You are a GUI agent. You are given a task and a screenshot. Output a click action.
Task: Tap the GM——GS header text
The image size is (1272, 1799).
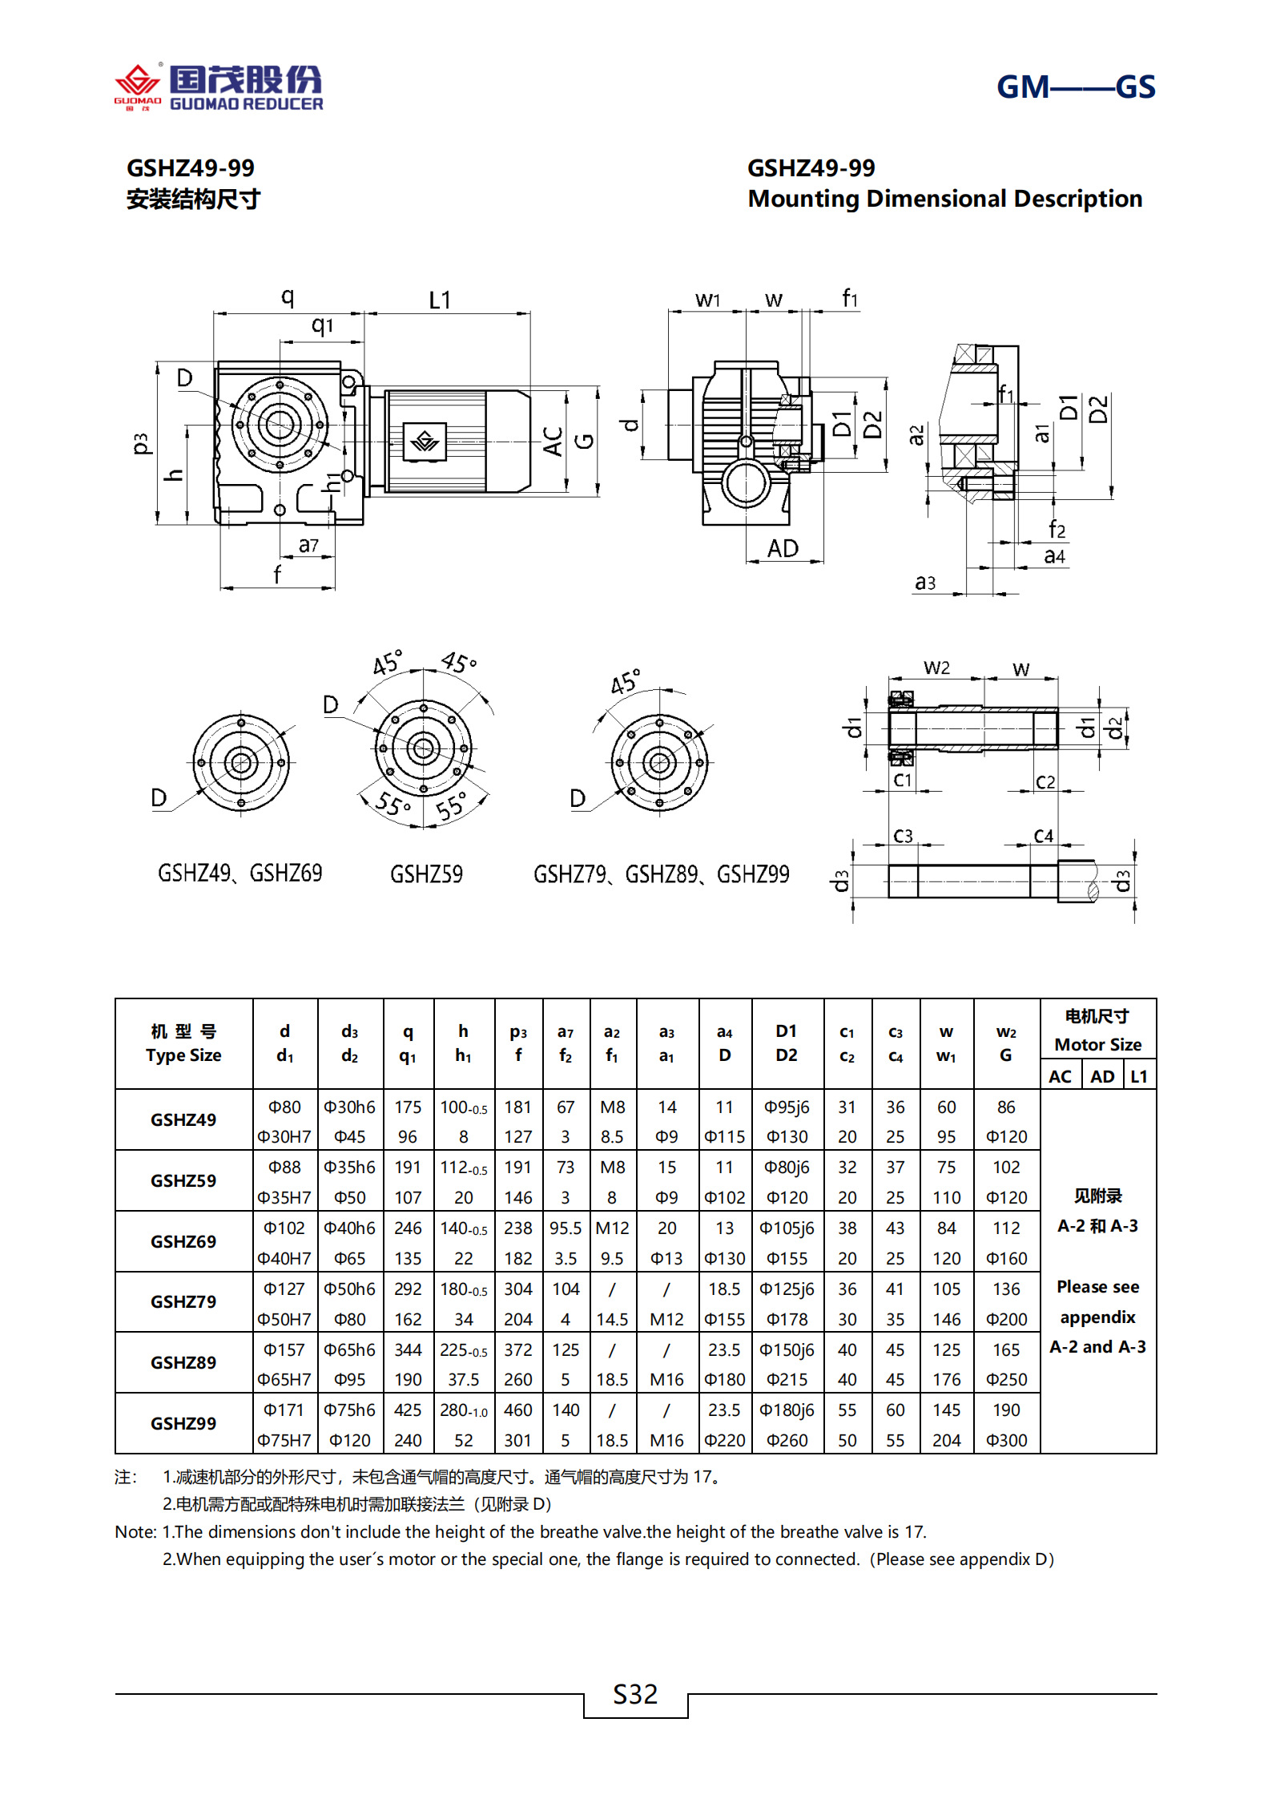(1075, 87)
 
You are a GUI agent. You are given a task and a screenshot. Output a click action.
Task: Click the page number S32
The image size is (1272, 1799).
(635, 1694)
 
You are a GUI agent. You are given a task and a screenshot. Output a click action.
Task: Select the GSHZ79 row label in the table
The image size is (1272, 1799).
(183, 1301)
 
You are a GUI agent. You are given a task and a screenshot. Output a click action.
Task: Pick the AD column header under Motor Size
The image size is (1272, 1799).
(1102, 1076)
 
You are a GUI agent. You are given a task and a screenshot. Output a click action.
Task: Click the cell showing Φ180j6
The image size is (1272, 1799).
(787, 1410)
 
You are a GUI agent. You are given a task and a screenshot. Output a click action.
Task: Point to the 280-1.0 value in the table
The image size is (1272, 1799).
(463, 1410)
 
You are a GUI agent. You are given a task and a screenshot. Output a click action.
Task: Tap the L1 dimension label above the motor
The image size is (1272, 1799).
(440, 301)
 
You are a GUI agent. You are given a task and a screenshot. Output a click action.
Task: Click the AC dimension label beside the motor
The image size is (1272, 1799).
(553, 442)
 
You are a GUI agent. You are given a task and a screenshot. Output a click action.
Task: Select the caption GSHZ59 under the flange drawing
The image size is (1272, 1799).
(426, 874)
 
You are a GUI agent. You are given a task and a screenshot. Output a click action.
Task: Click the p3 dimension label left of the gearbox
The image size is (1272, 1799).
(142, 443)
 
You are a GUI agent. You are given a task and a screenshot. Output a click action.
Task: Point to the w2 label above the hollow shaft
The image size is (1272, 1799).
(936, 668)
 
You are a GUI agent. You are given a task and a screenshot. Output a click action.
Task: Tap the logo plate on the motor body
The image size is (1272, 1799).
(425, 442)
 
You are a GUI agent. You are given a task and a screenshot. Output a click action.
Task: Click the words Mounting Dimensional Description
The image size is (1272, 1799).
(944, 199)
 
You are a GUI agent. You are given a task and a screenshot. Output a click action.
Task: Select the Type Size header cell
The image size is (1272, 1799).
(183, 1043)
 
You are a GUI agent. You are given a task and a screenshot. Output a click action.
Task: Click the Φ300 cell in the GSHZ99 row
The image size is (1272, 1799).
(1006, 1440)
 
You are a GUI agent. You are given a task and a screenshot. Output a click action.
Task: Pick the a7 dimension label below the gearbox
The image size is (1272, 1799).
(308, 546)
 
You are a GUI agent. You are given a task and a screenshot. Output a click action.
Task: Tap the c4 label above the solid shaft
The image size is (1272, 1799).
(1043, 836)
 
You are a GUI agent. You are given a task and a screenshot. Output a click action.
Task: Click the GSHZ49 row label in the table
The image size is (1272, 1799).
(183, 1119)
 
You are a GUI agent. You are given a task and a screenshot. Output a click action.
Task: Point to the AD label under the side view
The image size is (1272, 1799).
(783, 549)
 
